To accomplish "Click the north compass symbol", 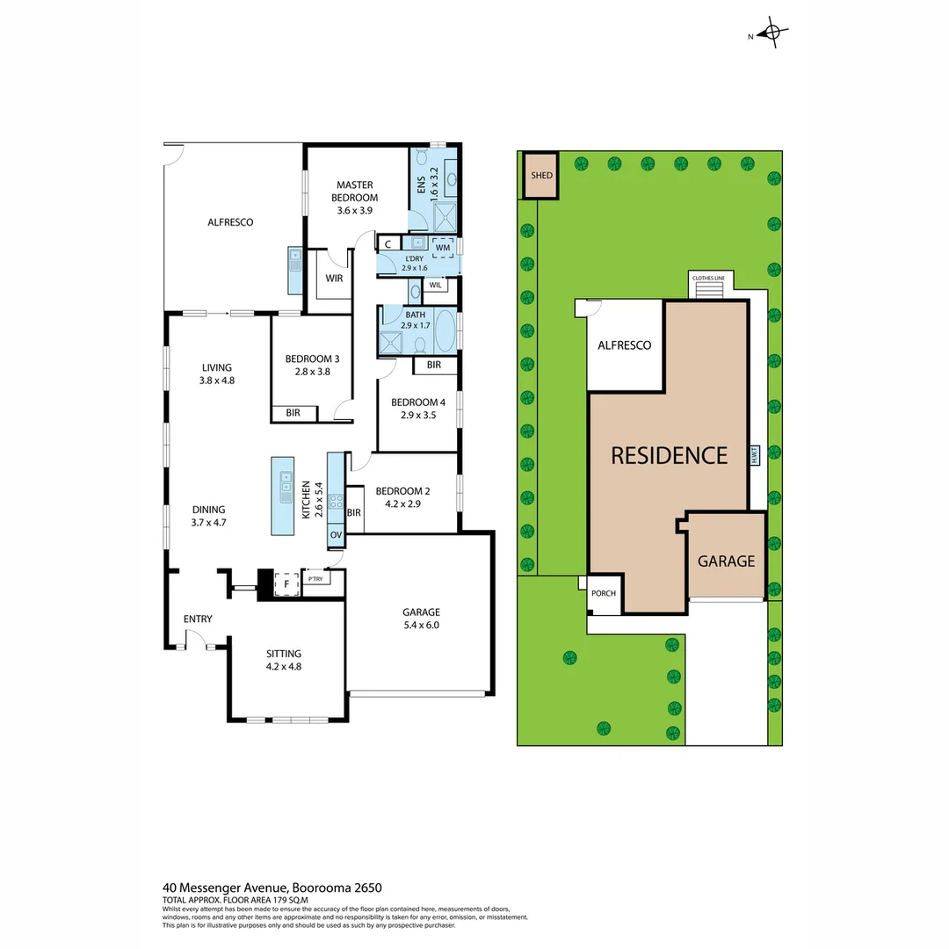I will click(x=772, y=34).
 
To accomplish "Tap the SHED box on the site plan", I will click(x=541, y=176).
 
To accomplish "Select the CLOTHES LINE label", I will click(x=708, y=279).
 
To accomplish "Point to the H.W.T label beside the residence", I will click(x=755, y=456).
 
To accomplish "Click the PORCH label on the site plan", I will click(x=604, y=593).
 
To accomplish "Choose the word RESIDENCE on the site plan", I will click(x=669, y=455).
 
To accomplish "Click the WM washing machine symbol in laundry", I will click(x=442, y=248).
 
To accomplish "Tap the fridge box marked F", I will click(x=286, y=583).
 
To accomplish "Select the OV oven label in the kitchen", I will click(x=336, y=534).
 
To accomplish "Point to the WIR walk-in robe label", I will click(x=334, y=279).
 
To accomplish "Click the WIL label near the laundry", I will click(x=436, y=286).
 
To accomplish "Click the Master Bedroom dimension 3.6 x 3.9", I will click(x=354, y=211).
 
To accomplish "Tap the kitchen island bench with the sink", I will click(x=283, y=495).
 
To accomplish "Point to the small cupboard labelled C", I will click(x=388, y=244).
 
